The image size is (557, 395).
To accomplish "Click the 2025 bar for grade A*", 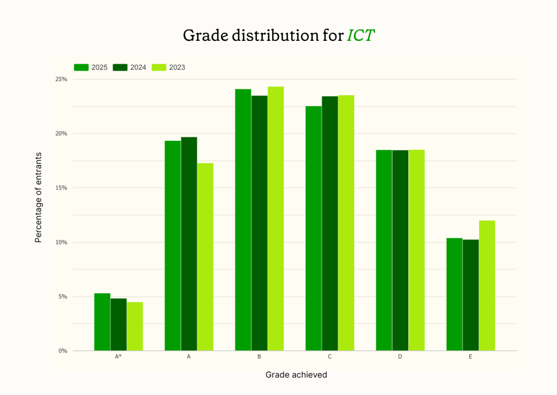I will pos(102,322).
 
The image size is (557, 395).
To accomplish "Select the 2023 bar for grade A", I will pos(205,257).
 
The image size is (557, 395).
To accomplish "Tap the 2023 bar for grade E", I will pos(487,286).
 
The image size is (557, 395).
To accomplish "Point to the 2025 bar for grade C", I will pos(314,229).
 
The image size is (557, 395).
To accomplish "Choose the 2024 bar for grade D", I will pos(400,250).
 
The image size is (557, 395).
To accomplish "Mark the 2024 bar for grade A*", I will pos(119,324).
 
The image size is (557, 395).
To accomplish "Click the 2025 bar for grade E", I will pos(454,294).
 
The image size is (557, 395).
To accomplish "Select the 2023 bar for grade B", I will pos(276,219).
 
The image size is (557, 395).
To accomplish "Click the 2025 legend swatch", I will pos(81,67).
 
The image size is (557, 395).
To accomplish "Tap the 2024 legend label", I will pos(138,67).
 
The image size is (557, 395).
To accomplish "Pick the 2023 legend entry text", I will pos(177,67).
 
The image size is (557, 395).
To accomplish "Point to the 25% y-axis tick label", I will pos(61,79).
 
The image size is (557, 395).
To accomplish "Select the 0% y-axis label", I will pos(63,351).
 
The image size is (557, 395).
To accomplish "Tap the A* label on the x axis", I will pos(118,357).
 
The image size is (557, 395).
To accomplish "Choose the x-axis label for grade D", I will pos(400,357).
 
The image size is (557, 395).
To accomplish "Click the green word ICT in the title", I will pos(361,35).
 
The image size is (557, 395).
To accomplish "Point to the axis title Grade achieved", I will pos(296,375).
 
